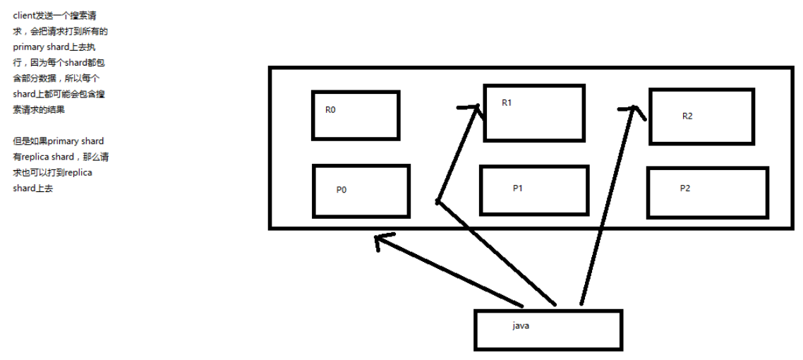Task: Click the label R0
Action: [x=330, y=110]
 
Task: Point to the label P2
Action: [x=685, y=188]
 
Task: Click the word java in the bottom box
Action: [x=521, y=325]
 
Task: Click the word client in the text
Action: [x=23, y=16]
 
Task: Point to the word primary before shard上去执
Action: [x=26, y=47]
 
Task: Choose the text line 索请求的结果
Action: [x=39, y=110]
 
